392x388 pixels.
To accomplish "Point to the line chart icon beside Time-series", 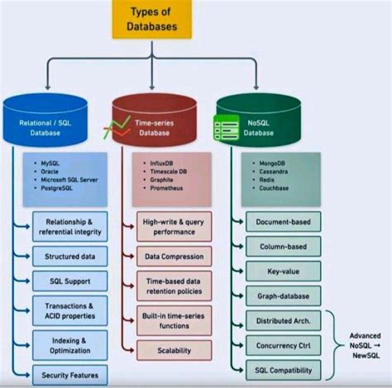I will [113, 128].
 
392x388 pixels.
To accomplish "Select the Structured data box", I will [70, 257].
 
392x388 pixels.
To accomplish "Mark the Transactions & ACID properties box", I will [70, 310].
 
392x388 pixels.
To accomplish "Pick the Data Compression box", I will [174, 256].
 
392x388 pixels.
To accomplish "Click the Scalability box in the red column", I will [174, 351].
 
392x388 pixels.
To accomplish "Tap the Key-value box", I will [284, 269].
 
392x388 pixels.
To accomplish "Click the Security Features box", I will [70, 374].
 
